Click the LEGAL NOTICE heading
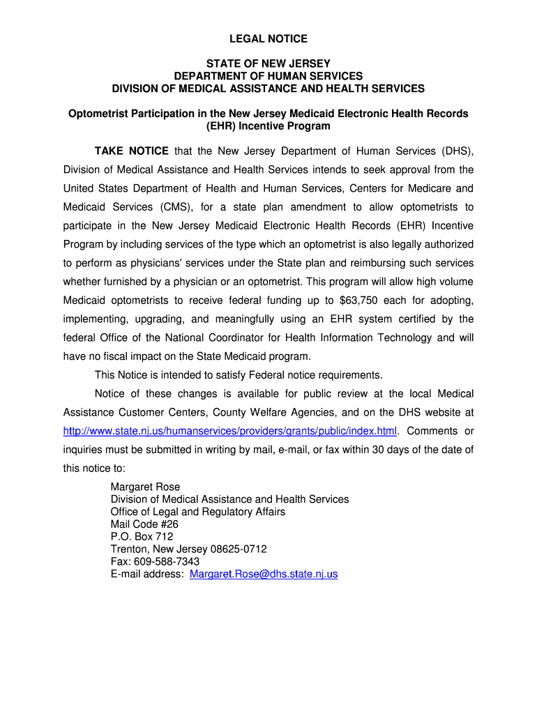(268, 38)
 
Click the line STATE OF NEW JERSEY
(268, 63)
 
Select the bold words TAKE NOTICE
(132, 151)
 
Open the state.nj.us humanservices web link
(229, 430)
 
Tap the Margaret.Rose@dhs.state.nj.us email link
(264, 574)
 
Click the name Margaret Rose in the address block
(145, 487)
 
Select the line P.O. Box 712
(142, 537)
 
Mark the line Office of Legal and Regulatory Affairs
(198, 512)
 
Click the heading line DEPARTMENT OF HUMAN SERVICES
(268, 76)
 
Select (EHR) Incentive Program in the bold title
(268, 126)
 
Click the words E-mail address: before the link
(147, 574)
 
